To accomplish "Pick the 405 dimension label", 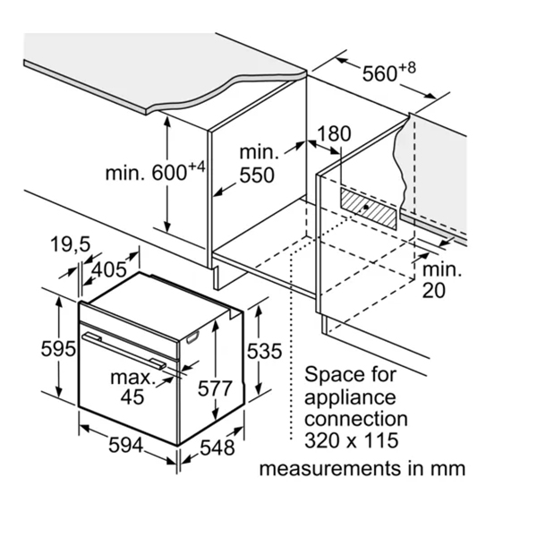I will pos(109,268).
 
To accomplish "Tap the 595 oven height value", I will pos(58,348).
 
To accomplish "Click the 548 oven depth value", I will pos(217,447).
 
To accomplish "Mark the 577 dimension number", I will pos(215,388).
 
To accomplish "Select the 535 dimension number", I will pos(265,352).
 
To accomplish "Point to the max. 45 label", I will pos(132,388).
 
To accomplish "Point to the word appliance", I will pos(350,396).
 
